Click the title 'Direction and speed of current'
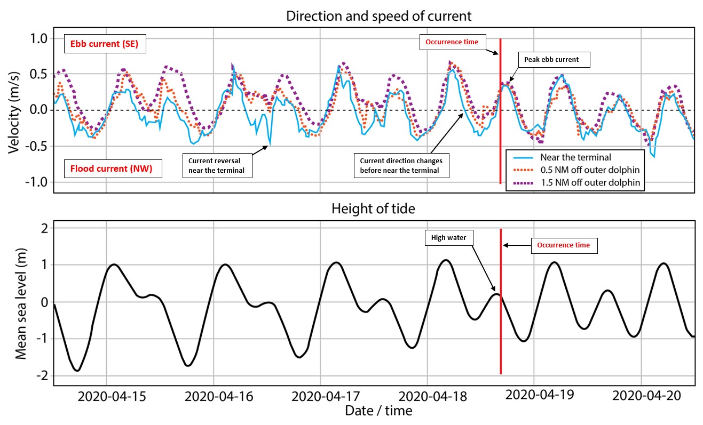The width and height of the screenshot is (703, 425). click(x=378, y=15)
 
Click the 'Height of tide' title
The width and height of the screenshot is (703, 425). click(x=373, y=209)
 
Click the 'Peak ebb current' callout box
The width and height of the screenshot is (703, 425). click(x=555, y=60)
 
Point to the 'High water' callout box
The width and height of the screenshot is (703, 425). click(x=450, y=237)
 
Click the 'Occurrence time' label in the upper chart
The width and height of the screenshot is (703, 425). click(x=452, y=42)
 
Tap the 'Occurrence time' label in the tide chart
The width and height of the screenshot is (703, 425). click(x=563, y=245)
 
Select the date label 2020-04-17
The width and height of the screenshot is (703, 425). click(x=325, y=397)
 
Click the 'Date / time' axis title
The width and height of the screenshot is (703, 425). click(x=378, y=411)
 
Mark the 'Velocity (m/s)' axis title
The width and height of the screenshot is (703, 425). click(x=14, y=109)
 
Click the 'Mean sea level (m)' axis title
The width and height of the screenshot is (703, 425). click(x=21, y=302)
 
